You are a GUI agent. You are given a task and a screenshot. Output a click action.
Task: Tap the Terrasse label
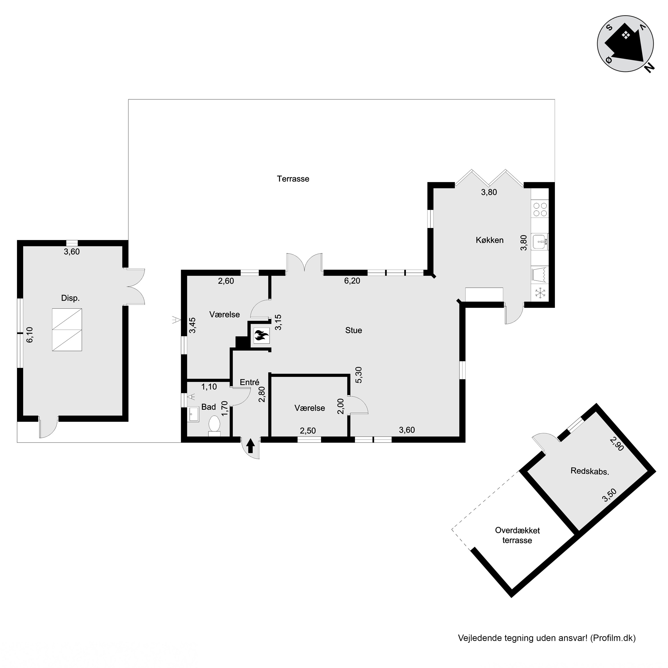pyautogui.click(x=293, y=179)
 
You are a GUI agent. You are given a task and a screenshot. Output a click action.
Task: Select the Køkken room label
pyautogui.click(x=490, y=240)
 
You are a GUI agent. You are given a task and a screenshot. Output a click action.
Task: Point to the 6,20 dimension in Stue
pyautogui.click(x=352, y=281)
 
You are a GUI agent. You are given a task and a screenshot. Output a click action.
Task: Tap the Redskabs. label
pyautogui.click(x=590, y=471)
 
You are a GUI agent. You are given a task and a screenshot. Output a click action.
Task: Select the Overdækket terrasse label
pyautogui.click(x=517, y=535)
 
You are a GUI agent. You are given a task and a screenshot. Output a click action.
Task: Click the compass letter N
pyautogui.click(x=650, y=68)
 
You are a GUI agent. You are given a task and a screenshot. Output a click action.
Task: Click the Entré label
pyautogui.click(x=250, y=382)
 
